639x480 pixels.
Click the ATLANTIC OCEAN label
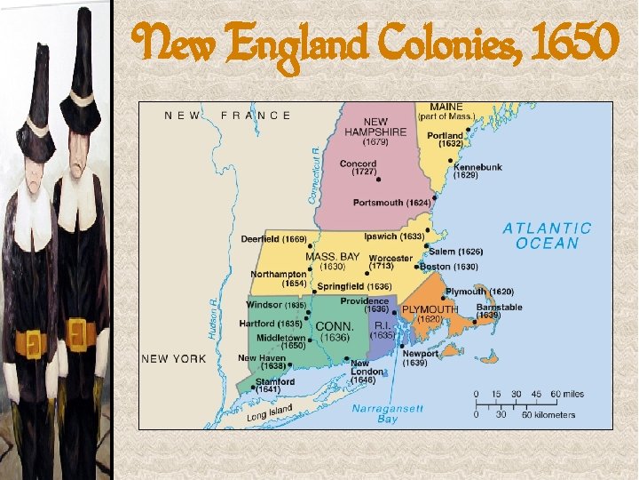[x=548, y=236]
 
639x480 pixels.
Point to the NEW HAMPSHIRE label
[x=375, y=126]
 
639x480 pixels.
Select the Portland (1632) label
[x=445, y=140]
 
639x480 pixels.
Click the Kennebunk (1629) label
[x=477, y=171]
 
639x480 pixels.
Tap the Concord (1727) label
[x=358, y=167]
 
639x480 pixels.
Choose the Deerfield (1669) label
[x=273, y=239]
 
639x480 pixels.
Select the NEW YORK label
[x=173, y=358]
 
